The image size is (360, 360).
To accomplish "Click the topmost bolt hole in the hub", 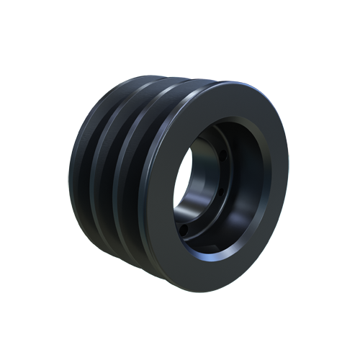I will point(224,153).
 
